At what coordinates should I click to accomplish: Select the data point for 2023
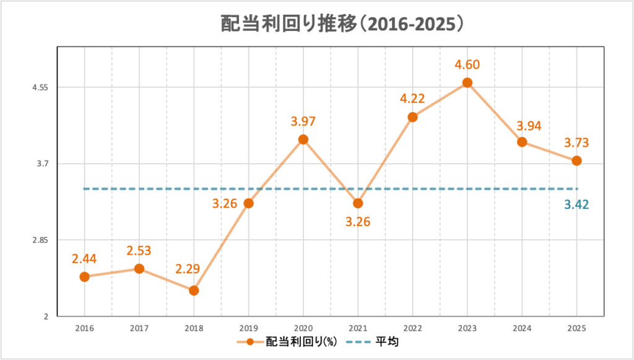pos(467,82)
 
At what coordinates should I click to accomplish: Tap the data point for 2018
pos(194,290)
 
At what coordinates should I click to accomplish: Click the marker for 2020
pos(303,139)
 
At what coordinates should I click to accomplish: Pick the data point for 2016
pos(85,276)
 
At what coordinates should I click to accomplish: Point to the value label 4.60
pos(467,64)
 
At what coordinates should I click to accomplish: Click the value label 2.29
pos(187,270)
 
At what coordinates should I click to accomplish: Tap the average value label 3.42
pos(576,204)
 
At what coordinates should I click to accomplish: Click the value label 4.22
pos(413,98)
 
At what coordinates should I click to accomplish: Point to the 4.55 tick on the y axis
pos(41,87)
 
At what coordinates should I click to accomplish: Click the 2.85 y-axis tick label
pos(41,240)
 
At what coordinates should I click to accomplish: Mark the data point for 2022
pos(413,116)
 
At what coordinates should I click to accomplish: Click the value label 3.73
pos(576,143)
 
